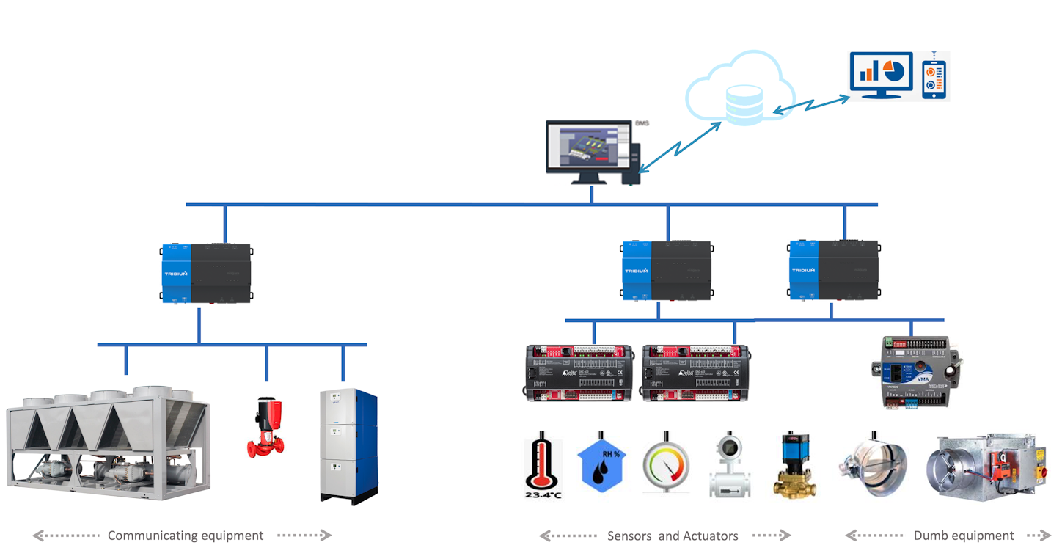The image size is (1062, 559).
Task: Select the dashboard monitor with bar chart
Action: coord(881,74)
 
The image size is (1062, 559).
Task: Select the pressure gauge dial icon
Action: coord(666,466)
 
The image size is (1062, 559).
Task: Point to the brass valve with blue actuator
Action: coord(795,464)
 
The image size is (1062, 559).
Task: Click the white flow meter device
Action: coord(730,465)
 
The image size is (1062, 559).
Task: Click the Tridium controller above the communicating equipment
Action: coord(206,273)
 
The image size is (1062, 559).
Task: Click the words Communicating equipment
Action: coord(186,536)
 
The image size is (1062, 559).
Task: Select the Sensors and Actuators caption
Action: coord(673,536)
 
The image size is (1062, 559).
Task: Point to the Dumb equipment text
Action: coord(964,536)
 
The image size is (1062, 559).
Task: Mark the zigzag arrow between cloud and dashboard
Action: coord(811,104)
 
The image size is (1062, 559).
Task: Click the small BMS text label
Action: coord(642,123)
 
